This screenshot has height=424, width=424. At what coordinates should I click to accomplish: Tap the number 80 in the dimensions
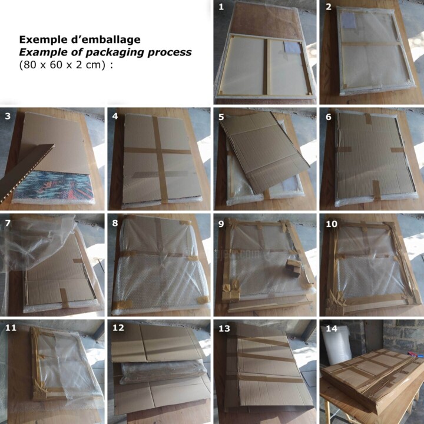[29, 65]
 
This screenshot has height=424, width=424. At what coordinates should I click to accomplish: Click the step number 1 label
[221, 6]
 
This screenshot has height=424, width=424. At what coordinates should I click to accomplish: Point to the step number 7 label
[8, 223]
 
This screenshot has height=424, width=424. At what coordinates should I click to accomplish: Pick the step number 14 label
[332, 329]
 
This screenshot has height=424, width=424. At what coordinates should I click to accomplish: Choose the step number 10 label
[332, 224]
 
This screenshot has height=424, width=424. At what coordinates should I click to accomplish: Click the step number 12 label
[118, 328]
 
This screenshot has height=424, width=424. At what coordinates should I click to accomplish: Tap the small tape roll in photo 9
[293, 268]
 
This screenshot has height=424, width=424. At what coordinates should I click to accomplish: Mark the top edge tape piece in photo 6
[368, 118]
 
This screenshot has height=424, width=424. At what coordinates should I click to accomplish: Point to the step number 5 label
[221, 117]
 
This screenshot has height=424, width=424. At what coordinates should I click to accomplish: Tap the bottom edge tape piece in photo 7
[64, 297]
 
